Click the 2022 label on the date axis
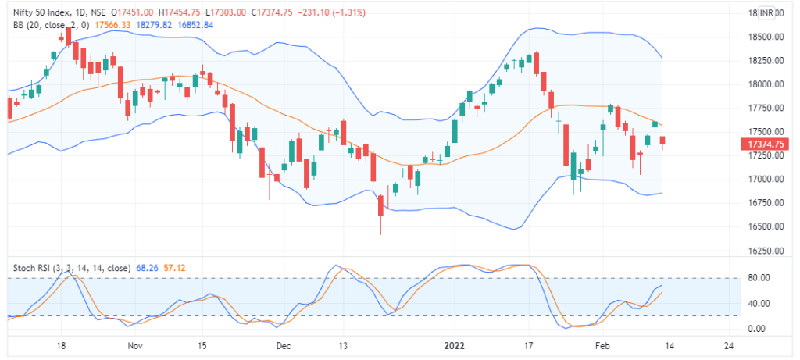coord(455,344)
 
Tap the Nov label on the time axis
coord(135,344)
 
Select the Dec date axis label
coord(284,344)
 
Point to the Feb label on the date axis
coord(602,344)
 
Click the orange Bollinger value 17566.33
coord(113,26)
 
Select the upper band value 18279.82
coord(154,26)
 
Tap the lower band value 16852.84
coord(196,26)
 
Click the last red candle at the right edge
coord(662,141)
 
